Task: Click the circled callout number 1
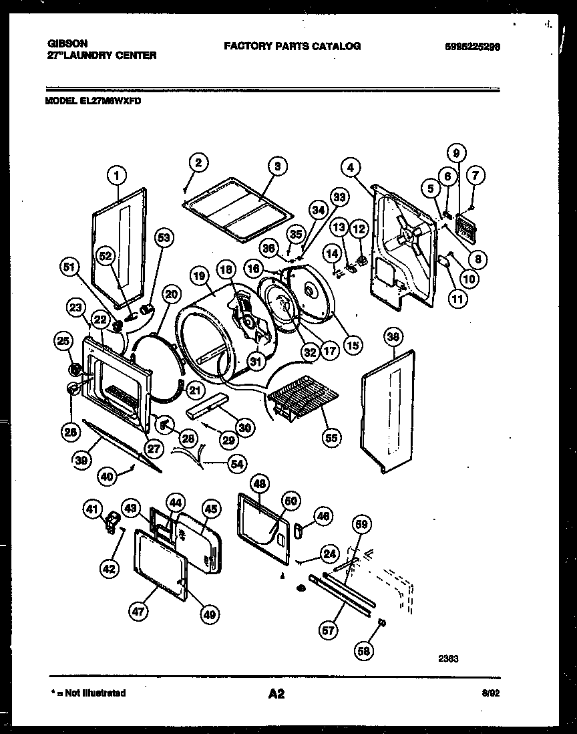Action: pos(116,175)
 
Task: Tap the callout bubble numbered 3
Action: pos(276,166)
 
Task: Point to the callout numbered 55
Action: pos(330,438)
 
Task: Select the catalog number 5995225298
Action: pos(472,46)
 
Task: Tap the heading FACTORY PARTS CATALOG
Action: pos(292,46)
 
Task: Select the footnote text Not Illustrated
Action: pos(97,693)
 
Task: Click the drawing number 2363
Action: pos(448,658)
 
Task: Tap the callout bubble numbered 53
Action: pos(164,237)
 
